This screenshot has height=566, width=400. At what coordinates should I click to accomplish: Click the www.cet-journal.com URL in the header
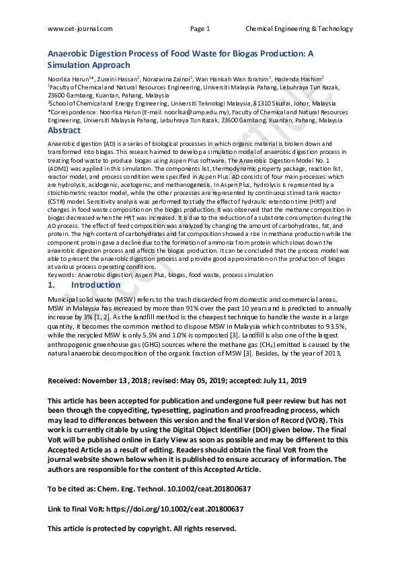coord(80,28)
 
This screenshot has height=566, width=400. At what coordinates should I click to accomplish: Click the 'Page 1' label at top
coord(200,28)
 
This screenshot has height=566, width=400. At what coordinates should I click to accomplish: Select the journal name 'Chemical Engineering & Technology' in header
coord(298,28)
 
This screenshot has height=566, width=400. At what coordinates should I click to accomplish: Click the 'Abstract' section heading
coord(64,130)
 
